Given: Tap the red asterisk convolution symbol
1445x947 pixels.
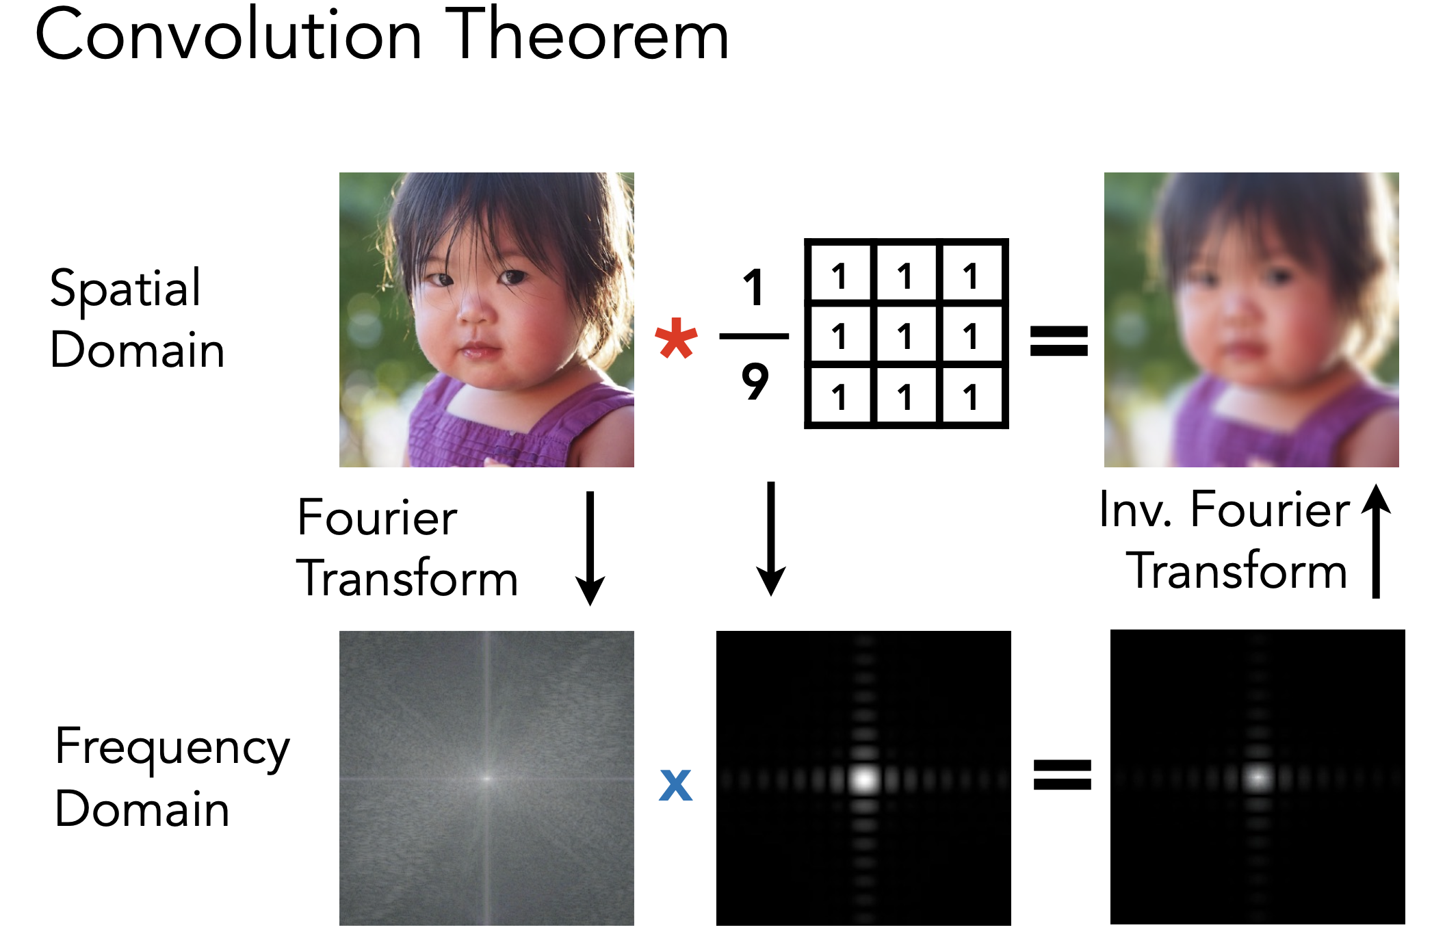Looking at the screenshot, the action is click(x=676, y=338).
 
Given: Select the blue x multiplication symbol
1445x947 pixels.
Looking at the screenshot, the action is click(x=675, y=785).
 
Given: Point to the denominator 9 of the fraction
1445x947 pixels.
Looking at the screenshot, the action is click(x=755, y=381).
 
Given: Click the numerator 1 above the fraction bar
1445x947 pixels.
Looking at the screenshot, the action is click(x=753, y=287).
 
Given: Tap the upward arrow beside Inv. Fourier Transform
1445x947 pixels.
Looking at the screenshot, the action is click(x=1376, y=541).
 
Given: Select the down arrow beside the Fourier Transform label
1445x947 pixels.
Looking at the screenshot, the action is click(x=590, y=548).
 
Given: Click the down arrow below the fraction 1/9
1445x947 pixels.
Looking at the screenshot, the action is click(x=771, y=539).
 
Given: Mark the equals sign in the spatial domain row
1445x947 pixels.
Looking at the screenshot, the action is click(x=1058, y=341).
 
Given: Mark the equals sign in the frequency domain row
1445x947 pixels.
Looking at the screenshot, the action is click(x=1062, y=775).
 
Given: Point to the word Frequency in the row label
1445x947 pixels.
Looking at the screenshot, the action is click(x=172, y=749).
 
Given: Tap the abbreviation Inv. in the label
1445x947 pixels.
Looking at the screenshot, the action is click(x=1136, y=509).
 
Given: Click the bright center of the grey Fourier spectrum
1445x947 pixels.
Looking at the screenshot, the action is click(x=486, y=778).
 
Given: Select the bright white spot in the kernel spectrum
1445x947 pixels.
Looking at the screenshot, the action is click(x=864, y=779).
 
